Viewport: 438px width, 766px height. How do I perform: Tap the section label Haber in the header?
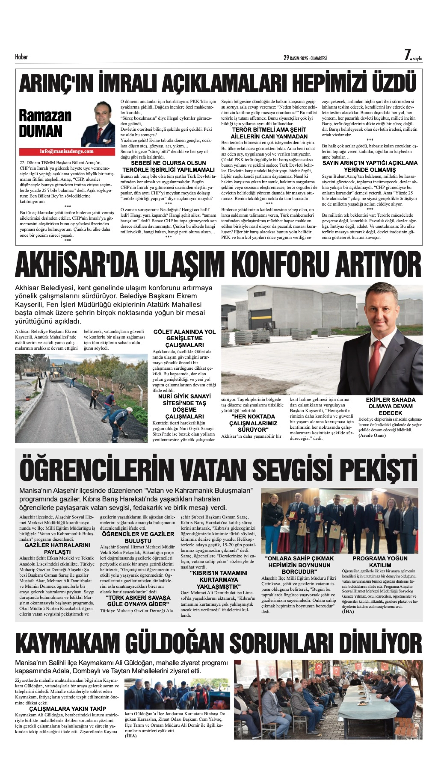[x=21, y=57]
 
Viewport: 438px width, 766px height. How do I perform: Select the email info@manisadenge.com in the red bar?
[x=67, y=152]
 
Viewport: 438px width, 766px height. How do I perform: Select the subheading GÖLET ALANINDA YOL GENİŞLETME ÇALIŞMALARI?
[x=184, y=338]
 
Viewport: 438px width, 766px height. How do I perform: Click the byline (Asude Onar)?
[x=372, y=435]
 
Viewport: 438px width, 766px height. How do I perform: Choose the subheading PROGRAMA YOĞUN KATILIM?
[x=380, y=562]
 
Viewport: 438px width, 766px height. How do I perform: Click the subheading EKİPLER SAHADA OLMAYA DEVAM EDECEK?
[x=391, y=406]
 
